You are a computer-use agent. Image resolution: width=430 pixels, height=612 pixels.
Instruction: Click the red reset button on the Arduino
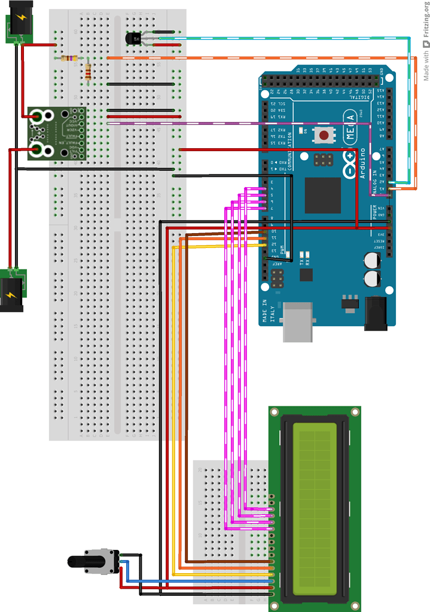324,135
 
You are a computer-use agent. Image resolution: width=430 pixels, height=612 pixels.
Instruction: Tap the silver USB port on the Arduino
297,321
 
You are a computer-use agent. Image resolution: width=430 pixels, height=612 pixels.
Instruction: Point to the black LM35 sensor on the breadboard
133,39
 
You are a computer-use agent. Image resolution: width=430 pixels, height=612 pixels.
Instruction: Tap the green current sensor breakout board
56,133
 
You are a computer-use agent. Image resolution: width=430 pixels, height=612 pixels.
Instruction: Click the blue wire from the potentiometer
197,580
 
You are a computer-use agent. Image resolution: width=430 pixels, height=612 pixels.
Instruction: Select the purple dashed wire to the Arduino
239,124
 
